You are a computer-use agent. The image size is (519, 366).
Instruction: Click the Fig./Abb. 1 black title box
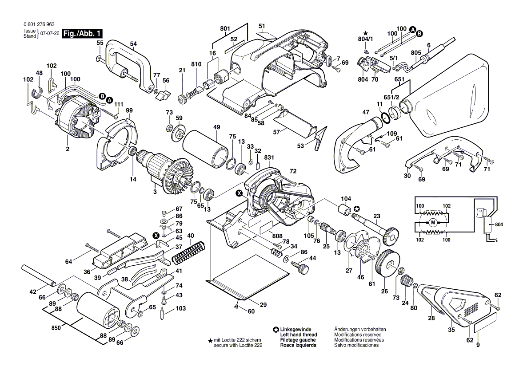point(83,33)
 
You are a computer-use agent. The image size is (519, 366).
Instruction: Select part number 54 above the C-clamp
point(133,43)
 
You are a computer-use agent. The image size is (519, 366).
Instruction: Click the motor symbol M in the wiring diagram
point(432,222)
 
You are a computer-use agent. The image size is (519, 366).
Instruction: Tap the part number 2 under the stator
point(68,149)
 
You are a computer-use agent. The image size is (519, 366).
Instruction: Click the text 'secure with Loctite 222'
point(238,345)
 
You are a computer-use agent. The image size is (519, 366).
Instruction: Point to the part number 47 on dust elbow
point(365,113)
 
